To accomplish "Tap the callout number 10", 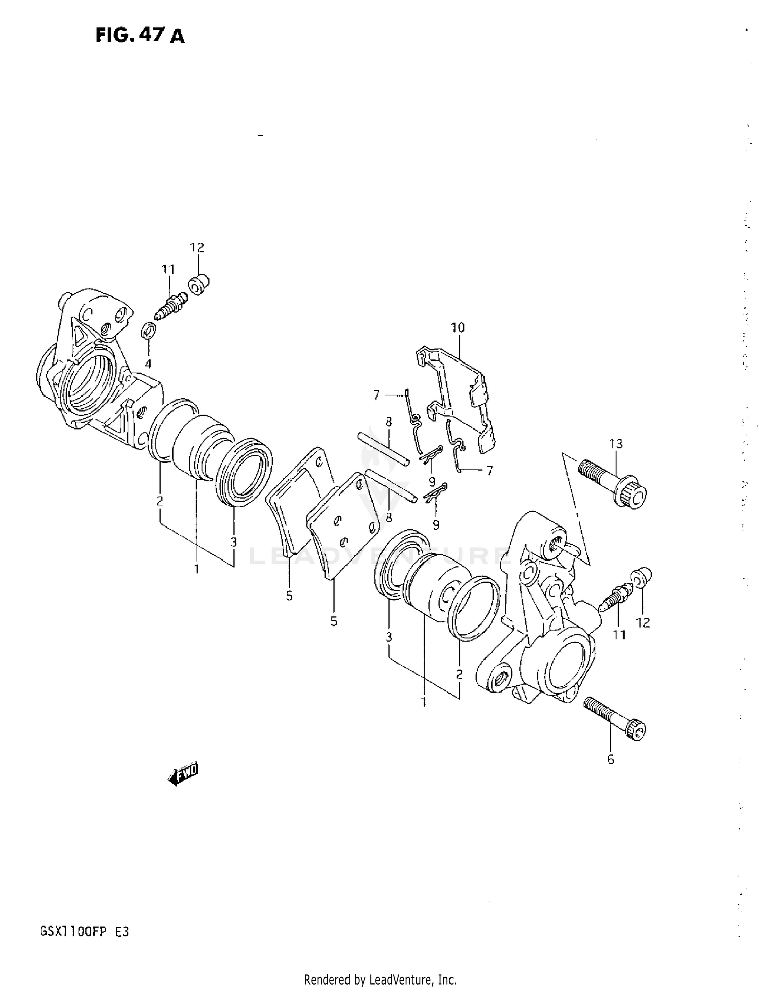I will point(458,327).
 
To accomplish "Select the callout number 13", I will point(616,444).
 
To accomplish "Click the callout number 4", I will point(148,364).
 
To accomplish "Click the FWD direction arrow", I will point(184,774).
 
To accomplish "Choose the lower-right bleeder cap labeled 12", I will point(641,576).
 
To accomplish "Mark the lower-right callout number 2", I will point(459,674).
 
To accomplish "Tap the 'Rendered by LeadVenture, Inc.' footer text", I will point(380,979).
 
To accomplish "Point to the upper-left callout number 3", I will point(233,542).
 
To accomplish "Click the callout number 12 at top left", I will point(197,248).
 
